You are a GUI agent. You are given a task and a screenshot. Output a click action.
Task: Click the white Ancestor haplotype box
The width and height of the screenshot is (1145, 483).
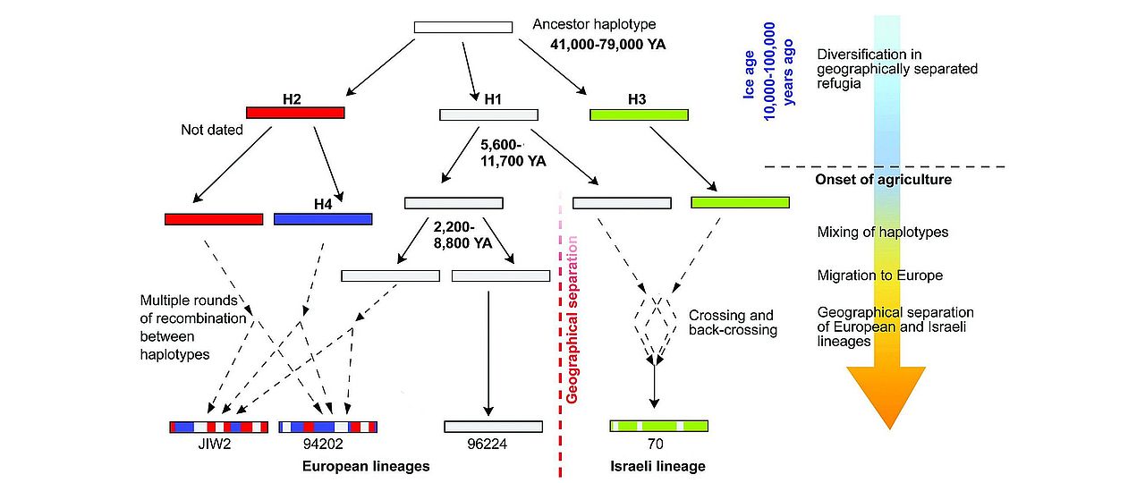[462, 27]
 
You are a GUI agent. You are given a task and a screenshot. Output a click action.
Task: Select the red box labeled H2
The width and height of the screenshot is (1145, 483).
[295, 114]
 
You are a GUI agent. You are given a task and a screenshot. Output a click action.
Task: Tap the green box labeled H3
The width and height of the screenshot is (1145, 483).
[639, 114]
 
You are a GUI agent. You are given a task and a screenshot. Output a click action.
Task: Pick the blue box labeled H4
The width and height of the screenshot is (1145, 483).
[322, 218]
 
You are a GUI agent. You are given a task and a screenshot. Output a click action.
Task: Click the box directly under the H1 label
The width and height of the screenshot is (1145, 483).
[488, 114]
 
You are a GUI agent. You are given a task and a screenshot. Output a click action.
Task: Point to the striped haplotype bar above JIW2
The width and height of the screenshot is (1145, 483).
[218, 427]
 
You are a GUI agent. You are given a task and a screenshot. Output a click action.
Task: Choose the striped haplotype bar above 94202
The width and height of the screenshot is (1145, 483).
[327, 427]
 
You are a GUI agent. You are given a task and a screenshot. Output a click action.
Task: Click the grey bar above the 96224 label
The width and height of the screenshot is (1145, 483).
[493, 427]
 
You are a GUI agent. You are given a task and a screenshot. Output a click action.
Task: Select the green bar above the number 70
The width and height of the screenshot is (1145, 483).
[658, 426]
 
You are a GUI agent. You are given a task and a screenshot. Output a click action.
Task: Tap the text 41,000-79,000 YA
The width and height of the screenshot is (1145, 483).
[608, 43]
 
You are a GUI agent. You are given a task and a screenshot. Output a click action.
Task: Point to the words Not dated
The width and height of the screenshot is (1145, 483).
[212, 130]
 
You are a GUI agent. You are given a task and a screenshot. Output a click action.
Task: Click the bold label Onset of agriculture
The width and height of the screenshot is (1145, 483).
[883, 180]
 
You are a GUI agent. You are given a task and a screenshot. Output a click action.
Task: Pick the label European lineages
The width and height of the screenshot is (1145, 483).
[366, 466]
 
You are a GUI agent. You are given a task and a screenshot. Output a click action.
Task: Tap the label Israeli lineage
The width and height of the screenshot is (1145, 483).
[657, 466]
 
